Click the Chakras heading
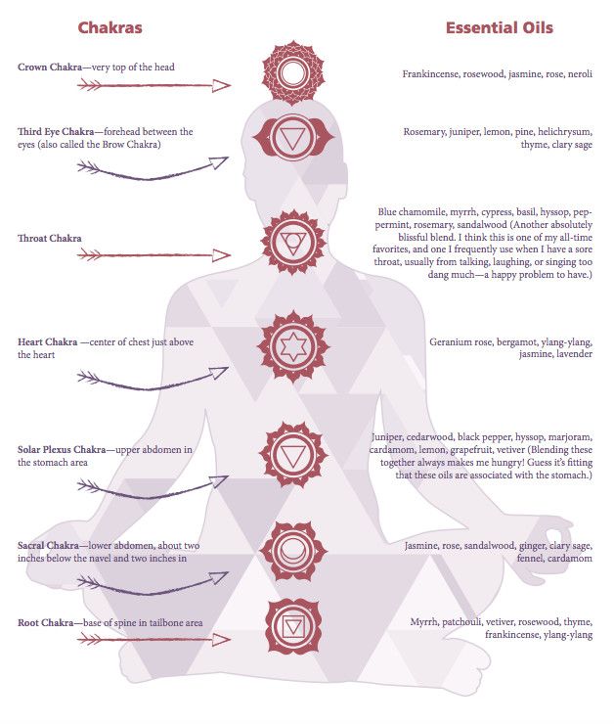coord(110,27)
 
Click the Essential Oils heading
coord(500,27)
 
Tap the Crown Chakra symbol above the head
coord(293,71)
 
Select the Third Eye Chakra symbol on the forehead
coord(293,137)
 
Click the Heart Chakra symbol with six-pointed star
coord(293,346)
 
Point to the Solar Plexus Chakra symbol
coord(293,455)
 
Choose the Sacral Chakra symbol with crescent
coord(293,551)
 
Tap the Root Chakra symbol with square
coord(293,626)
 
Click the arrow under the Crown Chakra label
coord(154,85)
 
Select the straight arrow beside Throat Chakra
coord(154,255)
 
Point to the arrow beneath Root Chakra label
coord(154,640)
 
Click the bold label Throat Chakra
coord(50,239)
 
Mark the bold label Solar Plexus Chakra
coord(62,450)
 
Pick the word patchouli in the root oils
coord(461,622)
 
